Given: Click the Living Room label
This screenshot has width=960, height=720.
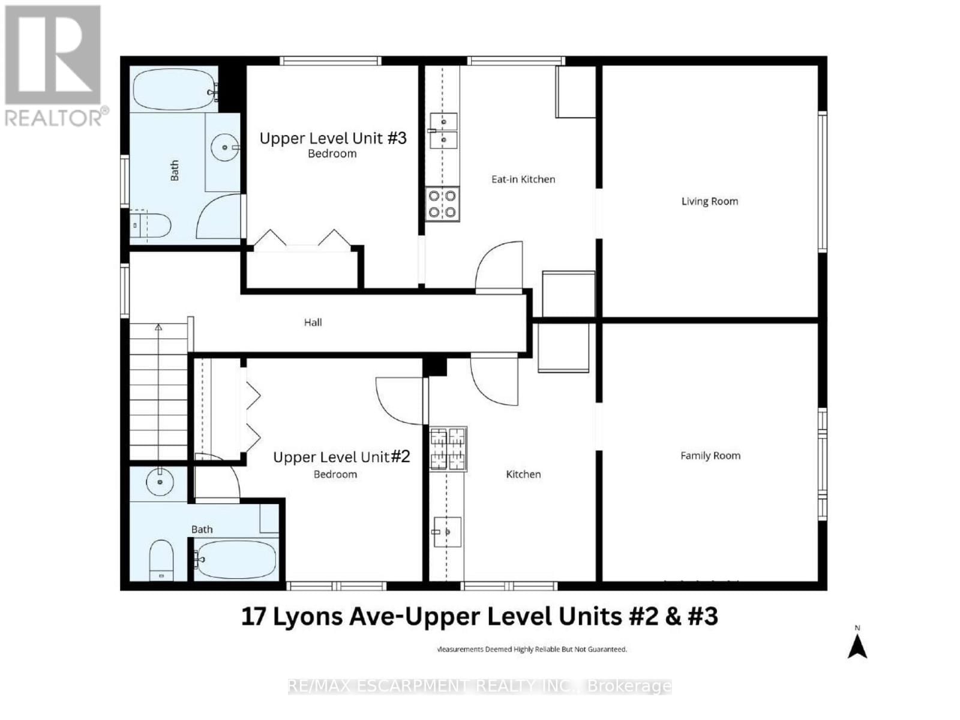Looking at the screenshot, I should click(x=709, y=202).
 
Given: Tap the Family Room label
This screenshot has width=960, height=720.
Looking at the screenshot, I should click(x=710, y=456).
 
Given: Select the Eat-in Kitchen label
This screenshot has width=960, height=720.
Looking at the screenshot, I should click(x=523, y=179).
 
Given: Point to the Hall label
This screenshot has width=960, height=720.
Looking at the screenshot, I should click(x=313, y=323).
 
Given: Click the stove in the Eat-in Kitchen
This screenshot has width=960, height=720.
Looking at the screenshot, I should click(x=443, y=204).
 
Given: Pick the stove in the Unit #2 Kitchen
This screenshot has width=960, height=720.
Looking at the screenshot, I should click(x=448, y=449).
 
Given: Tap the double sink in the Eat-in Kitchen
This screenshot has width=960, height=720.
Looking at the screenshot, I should click(x=444, y=131).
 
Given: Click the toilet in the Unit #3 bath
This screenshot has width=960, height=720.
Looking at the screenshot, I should click(x=152, y=225).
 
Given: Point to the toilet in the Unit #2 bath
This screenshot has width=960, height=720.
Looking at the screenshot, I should click(x=161, y=560).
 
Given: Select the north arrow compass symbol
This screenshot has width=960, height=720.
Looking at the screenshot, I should click(x=857, y=645).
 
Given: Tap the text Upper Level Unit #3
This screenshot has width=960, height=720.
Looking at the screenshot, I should click(x=333, y=138).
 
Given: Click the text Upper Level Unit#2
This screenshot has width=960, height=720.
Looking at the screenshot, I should click(x=341, y=457).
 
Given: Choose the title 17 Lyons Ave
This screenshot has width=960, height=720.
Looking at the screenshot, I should click(x=479, y=617).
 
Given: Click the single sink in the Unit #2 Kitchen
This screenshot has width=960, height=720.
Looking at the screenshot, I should click(x=447, y=532).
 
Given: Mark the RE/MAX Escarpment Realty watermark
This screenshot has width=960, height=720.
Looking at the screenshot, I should click(x=479, y=686).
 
